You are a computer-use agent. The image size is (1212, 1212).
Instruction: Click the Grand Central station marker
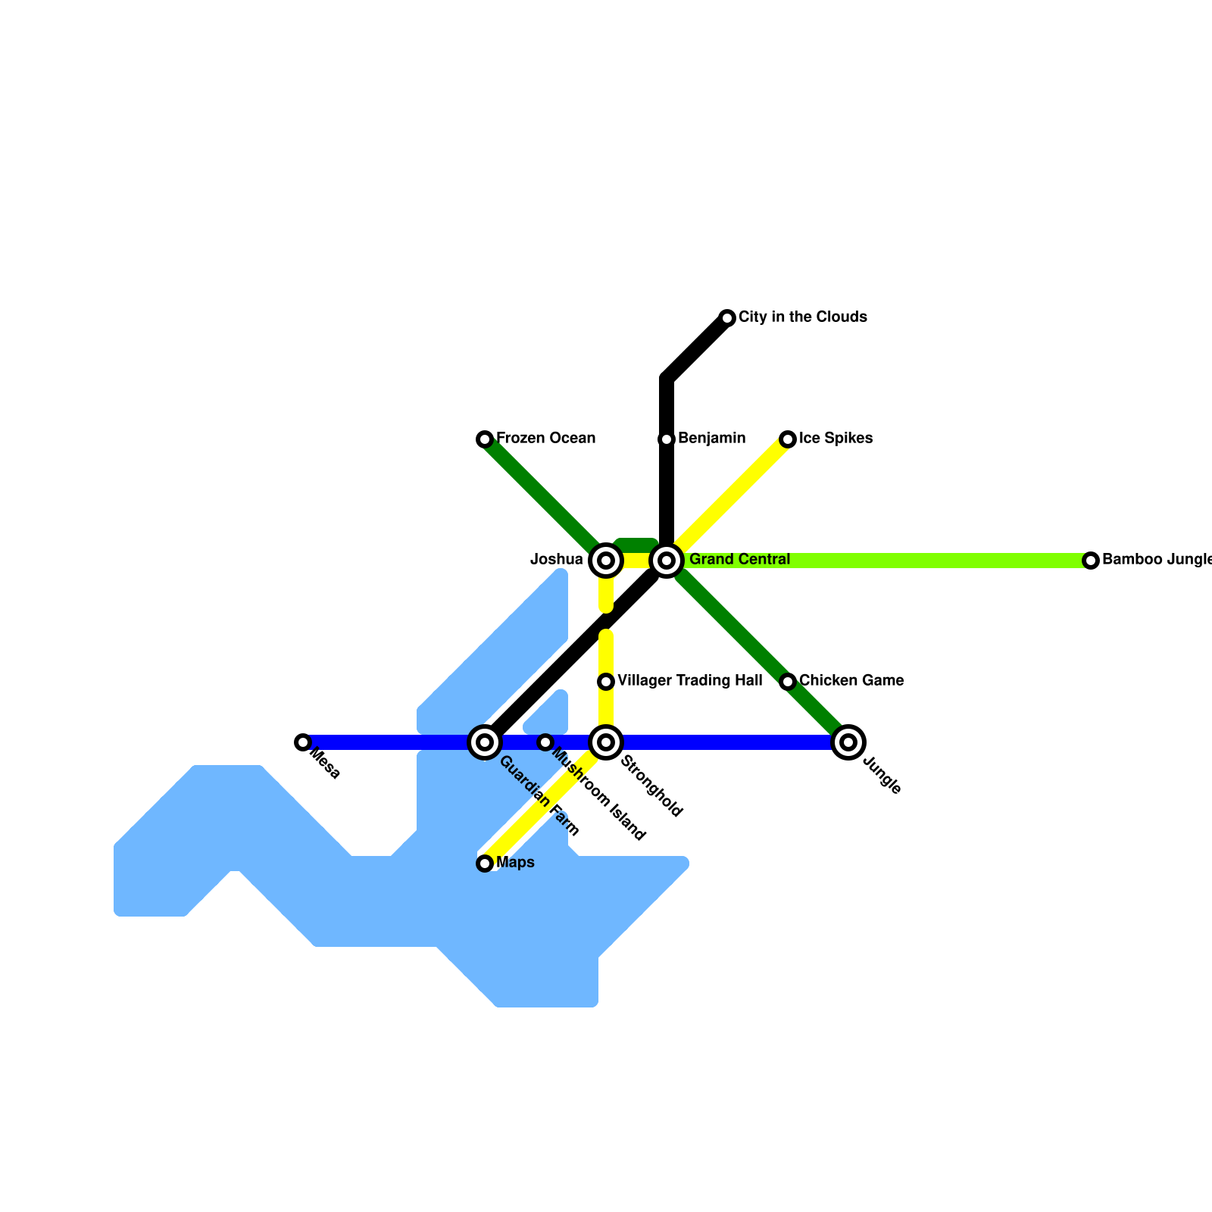(x=667, y=561)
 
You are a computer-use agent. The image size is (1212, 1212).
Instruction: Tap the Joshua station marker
(x=606, y=561)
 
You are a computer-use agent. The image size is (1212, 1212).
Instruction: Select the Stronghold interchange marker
(x=606, y=742)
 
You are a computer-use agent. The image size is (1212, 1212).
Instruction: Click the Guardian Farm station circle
(x=485, y=742)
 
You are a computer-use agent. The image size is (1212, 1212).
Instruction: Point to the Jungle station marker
(x=848, y=742)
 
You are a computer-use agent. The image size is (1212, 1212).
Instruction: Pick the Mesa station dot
(x=303, y=742)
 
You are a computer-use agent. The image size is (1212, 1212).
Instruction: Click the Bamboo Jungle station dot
(x=1091, y=561)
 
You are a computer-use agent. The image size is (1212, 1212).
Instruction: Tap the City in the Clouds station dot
(x=727, y=317)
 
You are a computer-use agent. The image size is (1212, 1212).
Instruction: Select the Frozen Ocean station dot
(x=485, y=439)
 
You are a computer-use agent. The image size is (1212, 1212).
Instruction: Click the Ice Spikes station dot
(x=788, y=439)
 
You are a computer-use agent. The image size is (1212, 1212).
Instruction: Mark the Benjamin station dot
(x=667, y=439)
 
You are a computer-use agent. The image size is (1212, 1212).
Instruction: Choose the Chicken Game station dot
(x=788, y=682)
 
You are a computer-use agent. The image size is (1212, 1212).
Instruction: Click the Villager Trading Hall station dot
(x=606, y=682)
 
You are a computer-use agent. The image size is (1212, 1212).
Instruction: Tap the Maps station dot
(x=485, y=864)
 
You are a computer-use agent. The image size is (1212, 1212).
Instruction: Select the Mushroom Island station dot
(x=545, y=742)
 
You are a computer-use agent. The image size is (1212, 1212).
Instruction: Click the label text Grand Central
(x=739, y=560)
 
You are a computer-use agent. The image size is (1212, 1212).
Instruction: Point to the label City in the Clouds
(x=802, y=317)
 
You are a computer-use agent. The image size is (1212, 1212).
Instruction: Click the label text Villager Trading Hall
(x=689, y=681)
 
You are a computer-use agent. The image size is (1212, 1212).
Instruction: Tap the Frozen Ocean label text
(x=545, y=438)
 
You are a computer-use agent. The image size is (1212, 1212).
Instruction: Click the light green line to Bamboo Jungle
(x=909, y=561)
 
